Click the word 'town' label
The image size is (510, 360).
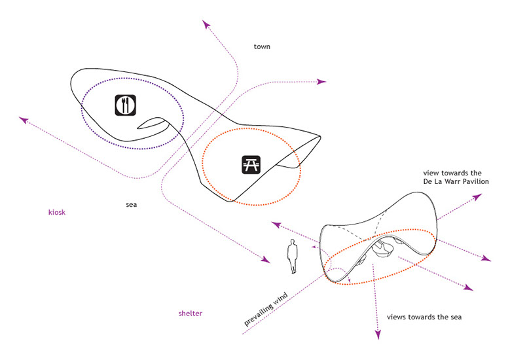click(263, 47)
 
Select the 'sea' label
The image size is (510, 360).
click(131, 205)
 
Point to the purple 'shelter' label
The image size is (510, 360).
click(190, 314)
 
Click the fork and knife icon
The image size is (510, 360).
click(126, 105)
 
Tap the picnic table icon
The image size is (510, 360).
click(250, 165)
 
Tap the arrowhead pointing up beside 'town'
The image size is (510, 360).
click(207, 24)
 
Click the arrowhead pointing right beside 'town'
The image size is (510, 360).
click(321, 82)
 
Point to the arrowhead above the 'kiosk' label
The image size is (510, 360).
click(24, 120)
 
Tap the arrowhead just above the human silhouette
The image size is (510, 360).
click(276, 225)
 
